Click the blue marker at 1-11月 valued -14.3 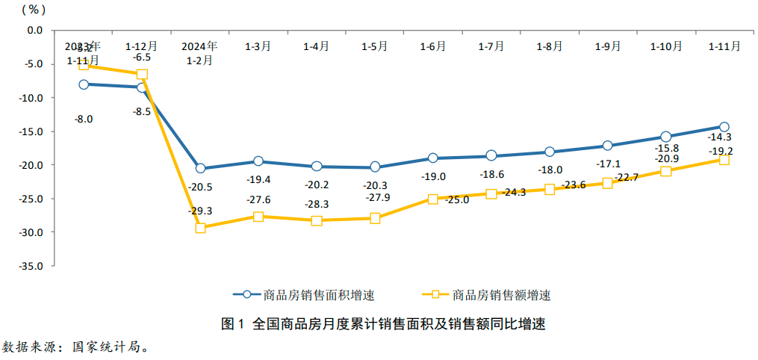pos(724,127)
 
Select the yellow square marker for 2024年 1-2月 pos(200,228)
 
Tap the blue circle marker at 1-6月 pos(433,158)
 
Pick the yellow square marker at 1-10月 pos(666,171)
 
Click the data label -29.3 pos(200,211)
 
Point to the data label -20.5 pos(200,187)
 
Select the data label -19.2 pos(721,151)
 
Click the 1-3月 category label pos(258,46)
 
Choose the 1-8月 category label pos(550,46)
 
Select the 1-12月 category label pos(142,46)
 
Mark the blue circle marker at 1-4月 pos(317,167)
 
